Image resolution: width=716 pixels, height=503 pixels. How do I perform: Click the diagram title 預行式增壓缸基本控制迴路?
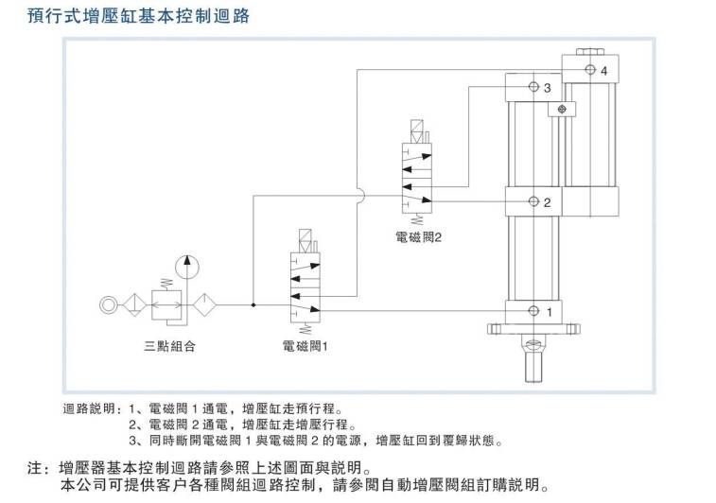138,16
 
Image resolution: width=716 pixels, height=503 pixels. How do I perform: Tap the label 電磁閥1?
305,346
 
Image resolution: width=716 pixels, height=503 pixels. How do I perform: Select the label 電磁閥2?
418,237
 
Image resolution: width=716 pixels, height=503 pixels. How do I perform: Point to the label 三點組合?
170,346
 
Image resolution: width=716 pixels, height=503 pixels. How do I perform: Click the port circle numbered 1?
533,311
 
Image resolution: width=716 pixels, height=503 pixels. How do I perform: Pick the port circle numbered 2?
533,200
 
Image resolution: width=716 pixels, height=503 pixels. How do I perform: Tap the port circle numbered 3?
533,86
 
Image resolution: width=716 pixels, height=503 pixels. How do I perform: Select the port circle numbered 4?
590,69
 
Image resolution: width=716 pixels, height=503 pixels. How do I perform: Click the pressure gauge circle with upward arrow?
186,267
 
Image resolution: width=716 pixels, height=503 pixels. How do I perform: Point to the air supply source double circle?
109,304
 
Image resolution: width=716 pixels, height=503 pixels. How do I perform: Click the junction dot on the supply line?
253,304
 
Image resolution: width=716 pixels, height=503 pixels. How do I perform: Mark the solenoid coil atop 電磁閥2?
417,131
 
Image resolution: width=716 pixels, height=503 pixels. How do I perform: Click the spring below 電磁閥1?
305,328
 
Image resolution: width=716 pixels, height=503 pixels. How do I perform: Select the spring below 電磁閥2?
417,219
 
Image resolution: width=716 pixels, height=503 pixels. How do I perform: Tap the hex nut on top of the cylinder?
590,52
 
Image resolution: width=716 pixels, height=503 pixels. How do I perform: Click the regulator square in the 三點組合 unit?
166,304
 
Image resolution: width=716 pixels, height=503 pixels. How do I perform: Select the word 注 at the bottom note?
35,468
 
